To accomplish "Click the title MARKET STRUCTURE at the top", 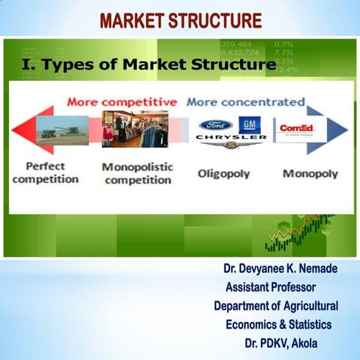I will tap(181, 19).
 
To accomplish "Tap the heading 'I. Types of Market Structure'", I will tap(146, 65).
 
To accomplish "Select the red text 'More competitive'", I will tap(133, 101).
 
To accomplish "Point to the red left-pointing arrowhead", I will tap(24, 130).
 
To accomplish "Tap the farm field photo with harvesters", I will tap(62, 130).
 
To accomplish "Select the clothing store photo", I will tap(134, 129).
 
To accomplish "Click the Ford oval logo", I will tap(216, 125).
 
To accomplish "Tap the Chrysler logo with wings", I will tap(231, 139).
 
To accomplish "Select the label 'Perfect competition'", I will tap(46, 172).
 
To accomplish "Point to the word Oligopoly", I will tap(223, 173).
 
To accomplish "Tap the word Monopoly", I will tap(310, 173).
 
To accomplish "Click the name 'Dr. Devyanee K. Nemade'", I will tap(280, 268).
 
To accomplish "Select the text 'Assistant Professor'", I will tap(271, 286).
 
